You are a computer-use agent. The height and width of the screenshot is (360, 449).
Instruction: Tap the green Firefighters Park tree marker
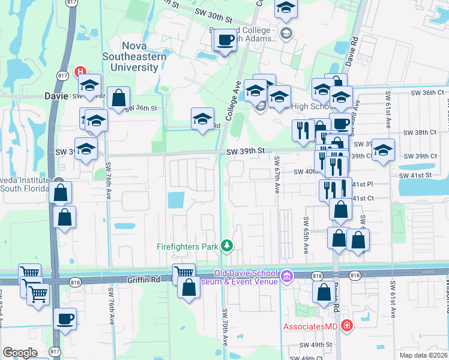tap(227, 245)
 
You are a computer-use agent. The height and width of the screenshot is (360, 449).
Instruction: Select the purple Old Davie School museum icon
tap(287, 276)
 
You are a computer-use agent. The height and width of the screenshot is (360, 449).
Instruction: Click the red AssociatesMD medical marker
tap(346, 326)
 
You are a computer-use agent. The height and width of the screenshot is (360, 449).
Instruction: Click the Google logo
tap(20, 352)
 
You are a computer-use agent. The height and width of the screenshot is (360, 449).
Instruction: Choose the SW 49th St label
tap(317, 345)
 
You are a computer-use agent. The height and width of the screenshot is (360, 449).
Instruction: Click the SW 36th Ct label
tap(427, 93)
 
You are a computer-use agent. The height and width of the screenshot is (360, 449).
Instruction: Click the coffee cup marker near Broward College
tap(225, 41)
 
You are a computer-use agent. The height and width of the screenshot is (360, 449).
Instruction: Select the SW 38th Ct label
tap(419, 132)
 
